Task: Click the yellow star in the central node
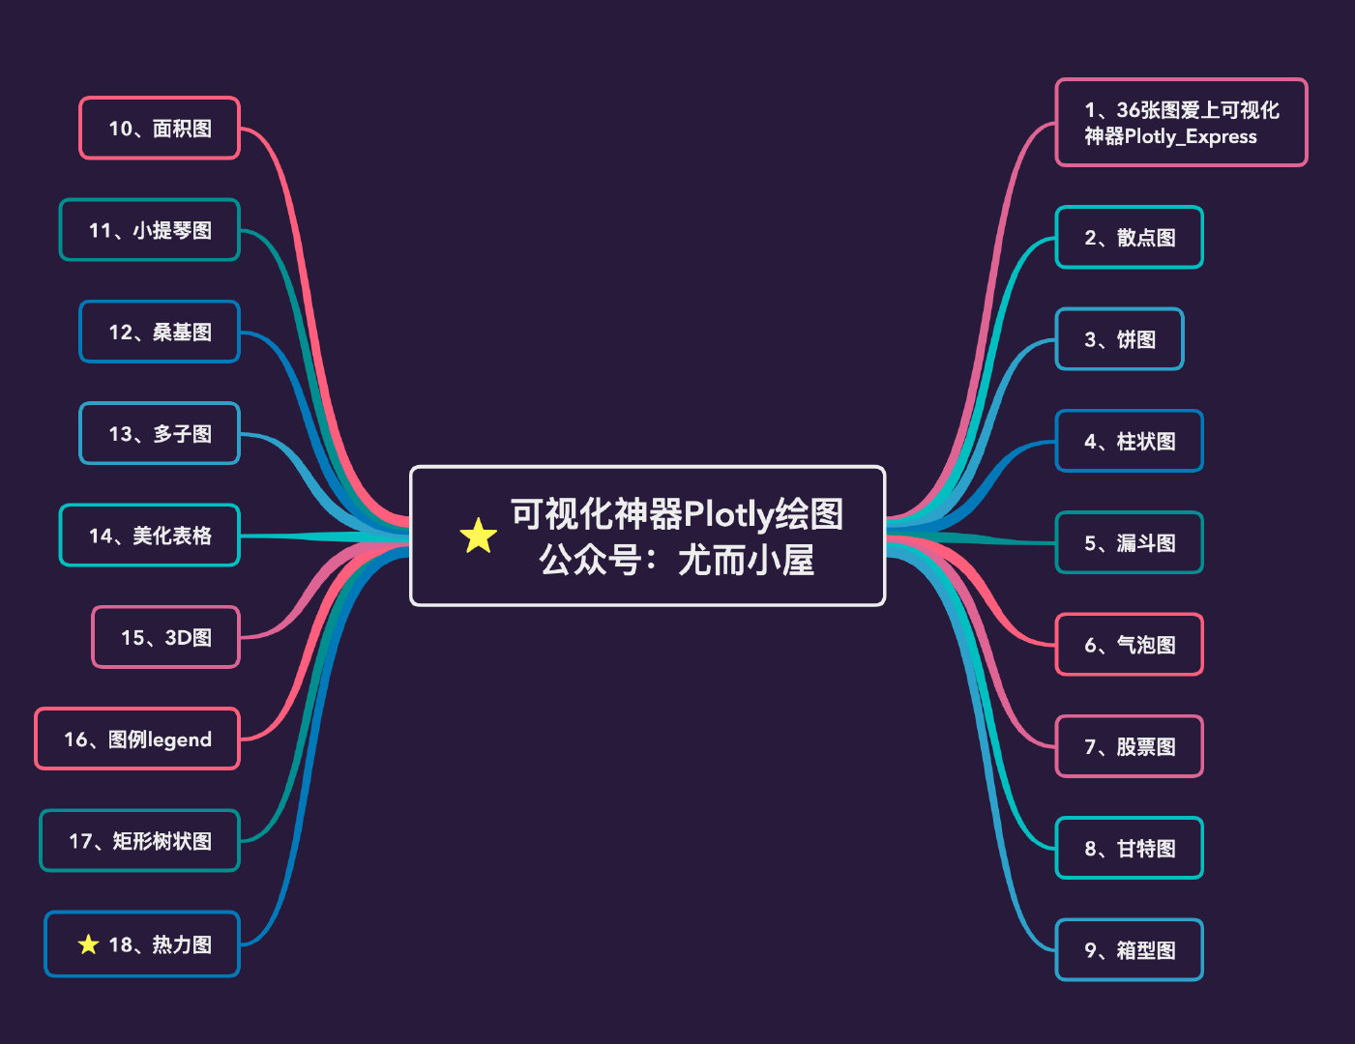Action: click(x=478, y=536)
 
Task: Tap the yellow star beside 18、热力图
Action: click(x=88, y=944)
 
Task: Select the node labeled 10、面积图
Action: click(x=160, y=129)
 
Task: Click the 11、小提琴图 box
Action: click(x=150, y=230)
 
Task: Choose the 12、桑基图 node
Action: click(x=160, y=333)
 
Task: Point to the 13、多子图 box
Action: click(x=160, y=434)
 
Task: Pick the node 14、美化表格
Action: click(x=150, y=536)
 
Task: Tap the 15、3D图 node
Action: click(x=165, y=638)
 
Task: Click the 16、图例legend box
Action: click(x=137, y=739)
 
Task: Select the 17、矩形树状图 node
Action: click(x=140, y=841)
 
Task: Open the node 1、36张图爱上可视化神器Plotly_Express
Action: click(x=1181, y=123)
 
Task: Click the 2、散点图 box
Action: click(x=1129, y=238)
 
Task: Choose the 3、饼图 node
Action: click(x=1119, y=339)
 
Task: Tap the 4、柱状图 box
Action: click(x=1129, y=442)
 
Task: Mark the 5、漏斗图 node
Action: click(x=1129, y=543)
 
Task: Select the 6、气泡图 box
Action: click(x=1129, y=645)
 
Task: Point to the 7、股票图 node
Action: click(x=1129, y=747)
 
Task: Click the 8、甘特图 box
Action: click(x=1129, y=849)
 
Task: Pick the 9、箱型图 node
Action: click(x=1129, y=950)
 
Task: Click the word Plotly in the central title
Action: click(x=728, y=514)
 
